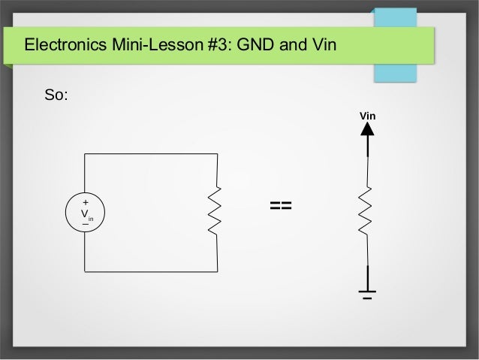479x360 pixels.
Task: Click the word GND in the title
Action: click(255, 47)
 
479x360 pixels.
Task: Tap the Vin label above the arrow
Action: click(367, 116)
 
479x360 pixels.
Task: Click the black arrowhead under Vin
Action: click(367, 129)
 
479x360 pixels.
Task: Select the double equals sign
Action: click(280, 205)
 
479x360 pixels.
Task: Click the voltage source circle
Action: click(85, 213)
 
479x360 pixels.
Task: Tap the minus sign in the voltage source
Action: click(85, 224)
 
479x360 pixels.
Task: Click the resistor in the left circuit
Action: click(216, 211)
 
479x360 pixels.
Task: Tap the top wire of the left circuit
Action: click(150, 153)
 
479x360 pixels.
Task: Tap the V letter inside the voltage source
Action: click(85, 213)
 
